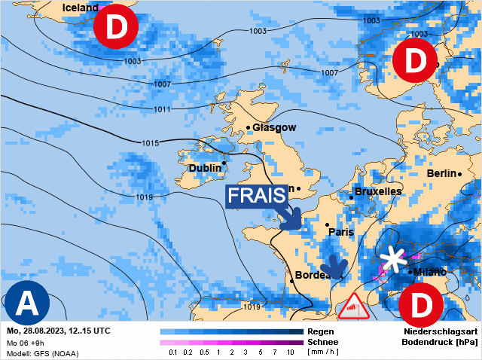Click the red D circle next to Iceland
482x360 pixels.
click(x=115, y=28)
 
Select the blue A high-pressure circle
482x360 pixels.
click(x=27, y=303)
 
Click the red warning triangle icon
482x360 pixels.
click(x=352, y=308)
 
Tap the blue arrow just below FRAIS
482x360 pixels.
click(x=290, y=219)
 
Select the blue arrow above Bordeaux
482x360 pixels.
click(x=333, y=267)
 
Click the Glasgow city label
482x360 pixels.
click(x=274, y=127)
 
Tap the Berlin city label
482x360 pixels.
click(x=442, y=173)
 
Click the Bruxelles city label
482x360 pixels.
click(x=377, y=192)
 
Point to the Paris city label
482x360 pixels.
click(x=341, y=232)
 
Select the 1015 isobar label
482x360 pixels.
click(x=150, y=143)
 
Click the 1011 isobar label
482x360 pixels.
click(x=162, y=110)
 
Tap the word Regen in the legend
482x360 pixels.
click(x=322, y=331)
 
